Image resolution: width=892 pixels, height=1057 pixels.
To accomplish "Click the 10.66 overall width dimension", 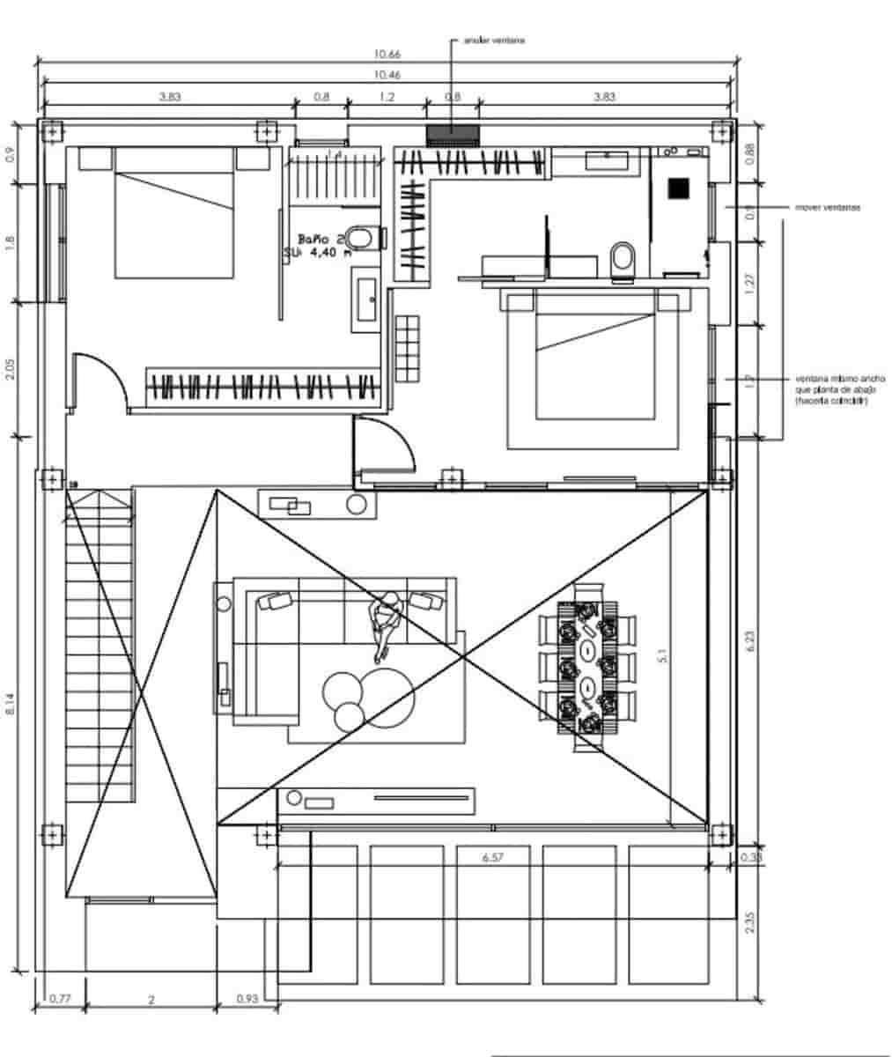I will (386, 55).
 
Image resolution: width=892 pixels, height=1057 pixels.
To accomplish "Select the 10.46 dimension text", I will (386, 75).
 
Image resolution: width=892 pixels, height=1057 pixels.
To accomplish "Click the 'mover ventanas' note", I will (827, 208).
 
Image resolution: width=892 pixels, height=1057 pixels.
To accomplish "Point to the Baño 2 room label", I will (320, 239).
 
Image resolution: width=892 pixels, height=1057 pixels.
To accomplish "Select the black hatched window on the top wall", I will (453, 135).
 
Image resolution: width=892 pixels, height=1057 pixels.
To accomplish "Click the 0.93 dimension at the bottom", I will (247, 999).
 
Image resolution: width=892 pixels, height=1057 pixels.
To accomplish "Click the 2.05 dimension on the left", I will (10, 368).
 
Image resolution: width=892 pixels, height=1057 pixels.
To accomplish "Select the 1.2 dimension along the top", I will (386, 98).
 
